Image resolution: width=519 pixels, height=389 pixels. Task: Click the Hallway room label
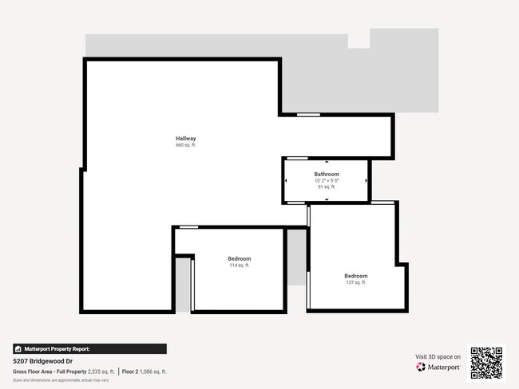186,139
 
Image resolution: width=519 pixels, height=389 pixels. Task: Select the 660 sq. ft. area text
186,146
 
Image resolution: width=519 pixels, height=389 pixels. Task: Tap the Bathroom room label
327,174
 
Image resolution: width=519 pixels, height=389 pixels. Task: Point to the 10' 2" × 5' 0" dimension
327,181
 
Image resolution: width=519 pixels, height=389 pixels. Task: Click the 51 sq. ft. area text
327,187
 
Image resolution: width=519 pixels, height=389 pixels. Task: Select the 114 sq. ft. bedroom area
240,265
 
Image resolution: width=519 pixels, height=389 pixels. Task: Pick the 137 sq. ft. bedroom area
355,282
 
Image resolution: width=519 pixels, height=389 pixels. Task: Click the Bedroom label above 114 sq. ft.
240,258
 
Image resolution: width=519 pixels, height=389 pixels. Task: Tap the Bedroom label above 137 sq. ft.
355,276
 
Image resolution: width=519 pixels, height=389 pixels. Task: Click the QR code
486,363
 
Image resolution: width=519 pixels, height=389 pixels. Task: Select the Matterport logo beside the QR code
438,367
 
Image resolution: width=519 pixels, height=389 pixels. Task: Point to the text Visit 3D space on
438,356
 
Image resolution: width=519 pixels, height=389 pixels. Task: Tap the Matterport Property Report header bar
89,349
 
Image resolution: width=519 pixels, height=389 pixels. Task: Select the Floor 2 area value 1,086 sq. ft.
152,371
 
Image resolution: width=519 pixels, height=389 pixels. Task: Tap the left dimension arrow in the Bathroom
286,180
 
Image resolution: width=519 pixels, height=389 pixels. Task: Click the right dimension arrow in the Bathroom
366,180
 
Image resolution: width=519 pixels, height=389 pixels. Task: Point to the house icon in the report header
18,349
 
